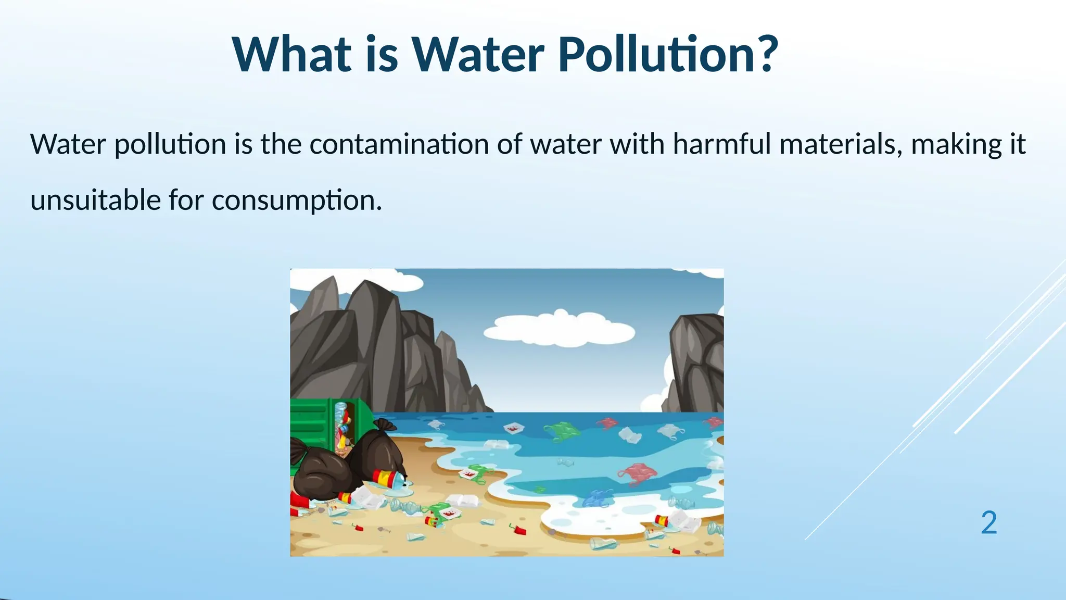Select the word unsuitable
95,200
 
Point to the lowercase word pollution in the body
170,145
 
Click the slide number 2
988,522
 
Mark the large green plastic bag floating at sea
562,431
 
